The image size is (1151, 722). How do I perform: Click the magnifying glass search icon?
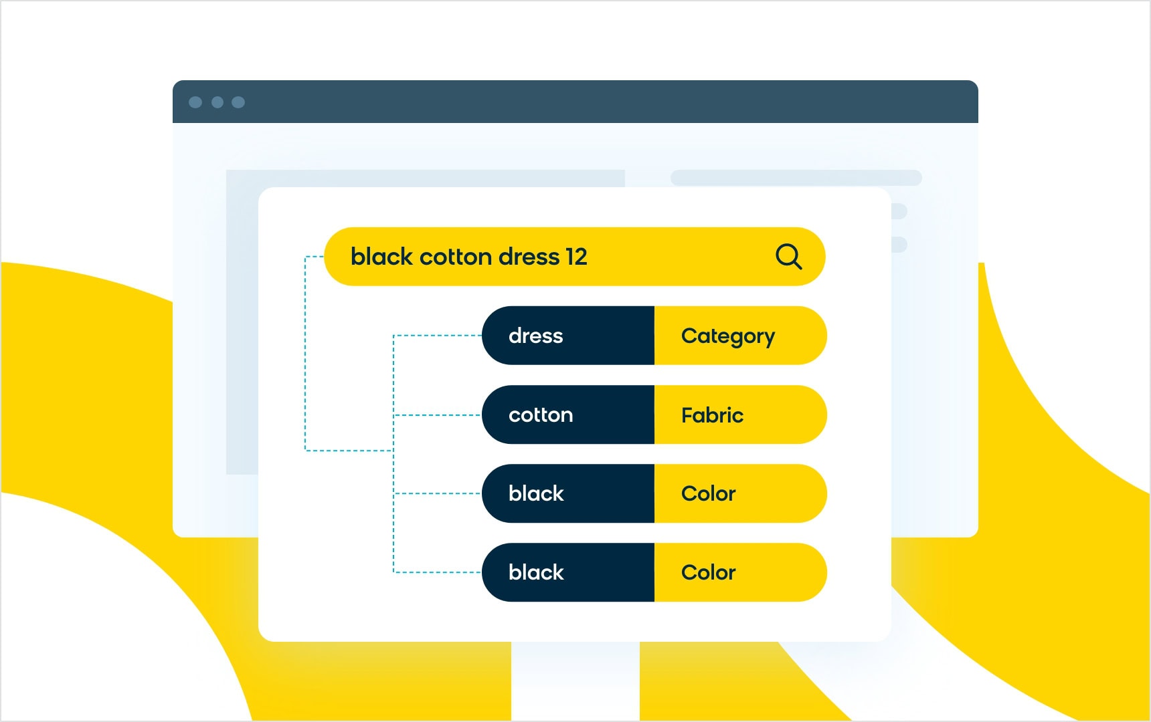(x=788, y=256)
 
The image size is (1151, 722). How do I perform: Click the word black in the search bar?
(x=381, y=257)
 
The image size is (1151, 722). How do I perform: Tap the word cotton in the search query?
(x=456, y=257)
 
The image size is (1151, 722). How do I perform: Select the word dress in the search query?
(x=529, y=257)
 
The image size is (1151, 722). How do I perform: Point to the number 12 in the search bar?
(x=576, y=257)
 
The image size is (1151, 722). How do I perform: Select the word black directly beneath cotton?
(x=536, y=493)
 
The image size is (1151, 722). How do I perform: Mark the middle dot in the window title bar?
(x=217, y=102)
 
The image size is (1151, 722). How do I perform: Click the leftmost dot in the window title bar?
(x=195, y=102)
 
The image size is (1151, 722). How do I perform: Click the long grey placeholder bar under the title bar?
(x=796, y=178)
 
